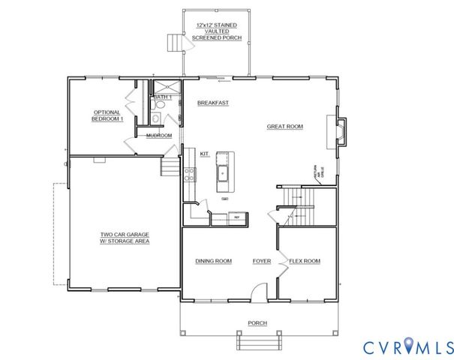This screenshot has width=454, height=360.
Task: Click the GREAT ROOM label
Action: click(x=284, y=127)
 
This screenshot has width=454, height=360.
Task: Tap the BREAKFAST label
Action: click(x=212, y=102)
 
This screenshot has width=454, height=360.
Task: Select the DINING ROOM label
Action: click(x=213, y=261)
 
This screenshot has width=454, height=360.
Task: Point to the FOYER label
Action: click(x=261, y=261)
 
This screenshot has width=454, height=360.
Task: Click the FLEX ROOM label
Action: click(x=305, y=261)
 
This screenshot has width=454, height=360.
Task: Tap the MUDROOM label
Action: click(x=159, y=136)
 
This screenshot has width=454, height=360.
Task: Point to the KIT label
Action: click(x=204, y=154)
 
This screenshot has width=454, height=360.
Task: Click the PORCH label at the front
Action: click(x=257, y=323)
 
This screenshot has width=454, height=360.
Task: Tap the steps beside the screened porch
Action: click(x=175, y=43)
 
